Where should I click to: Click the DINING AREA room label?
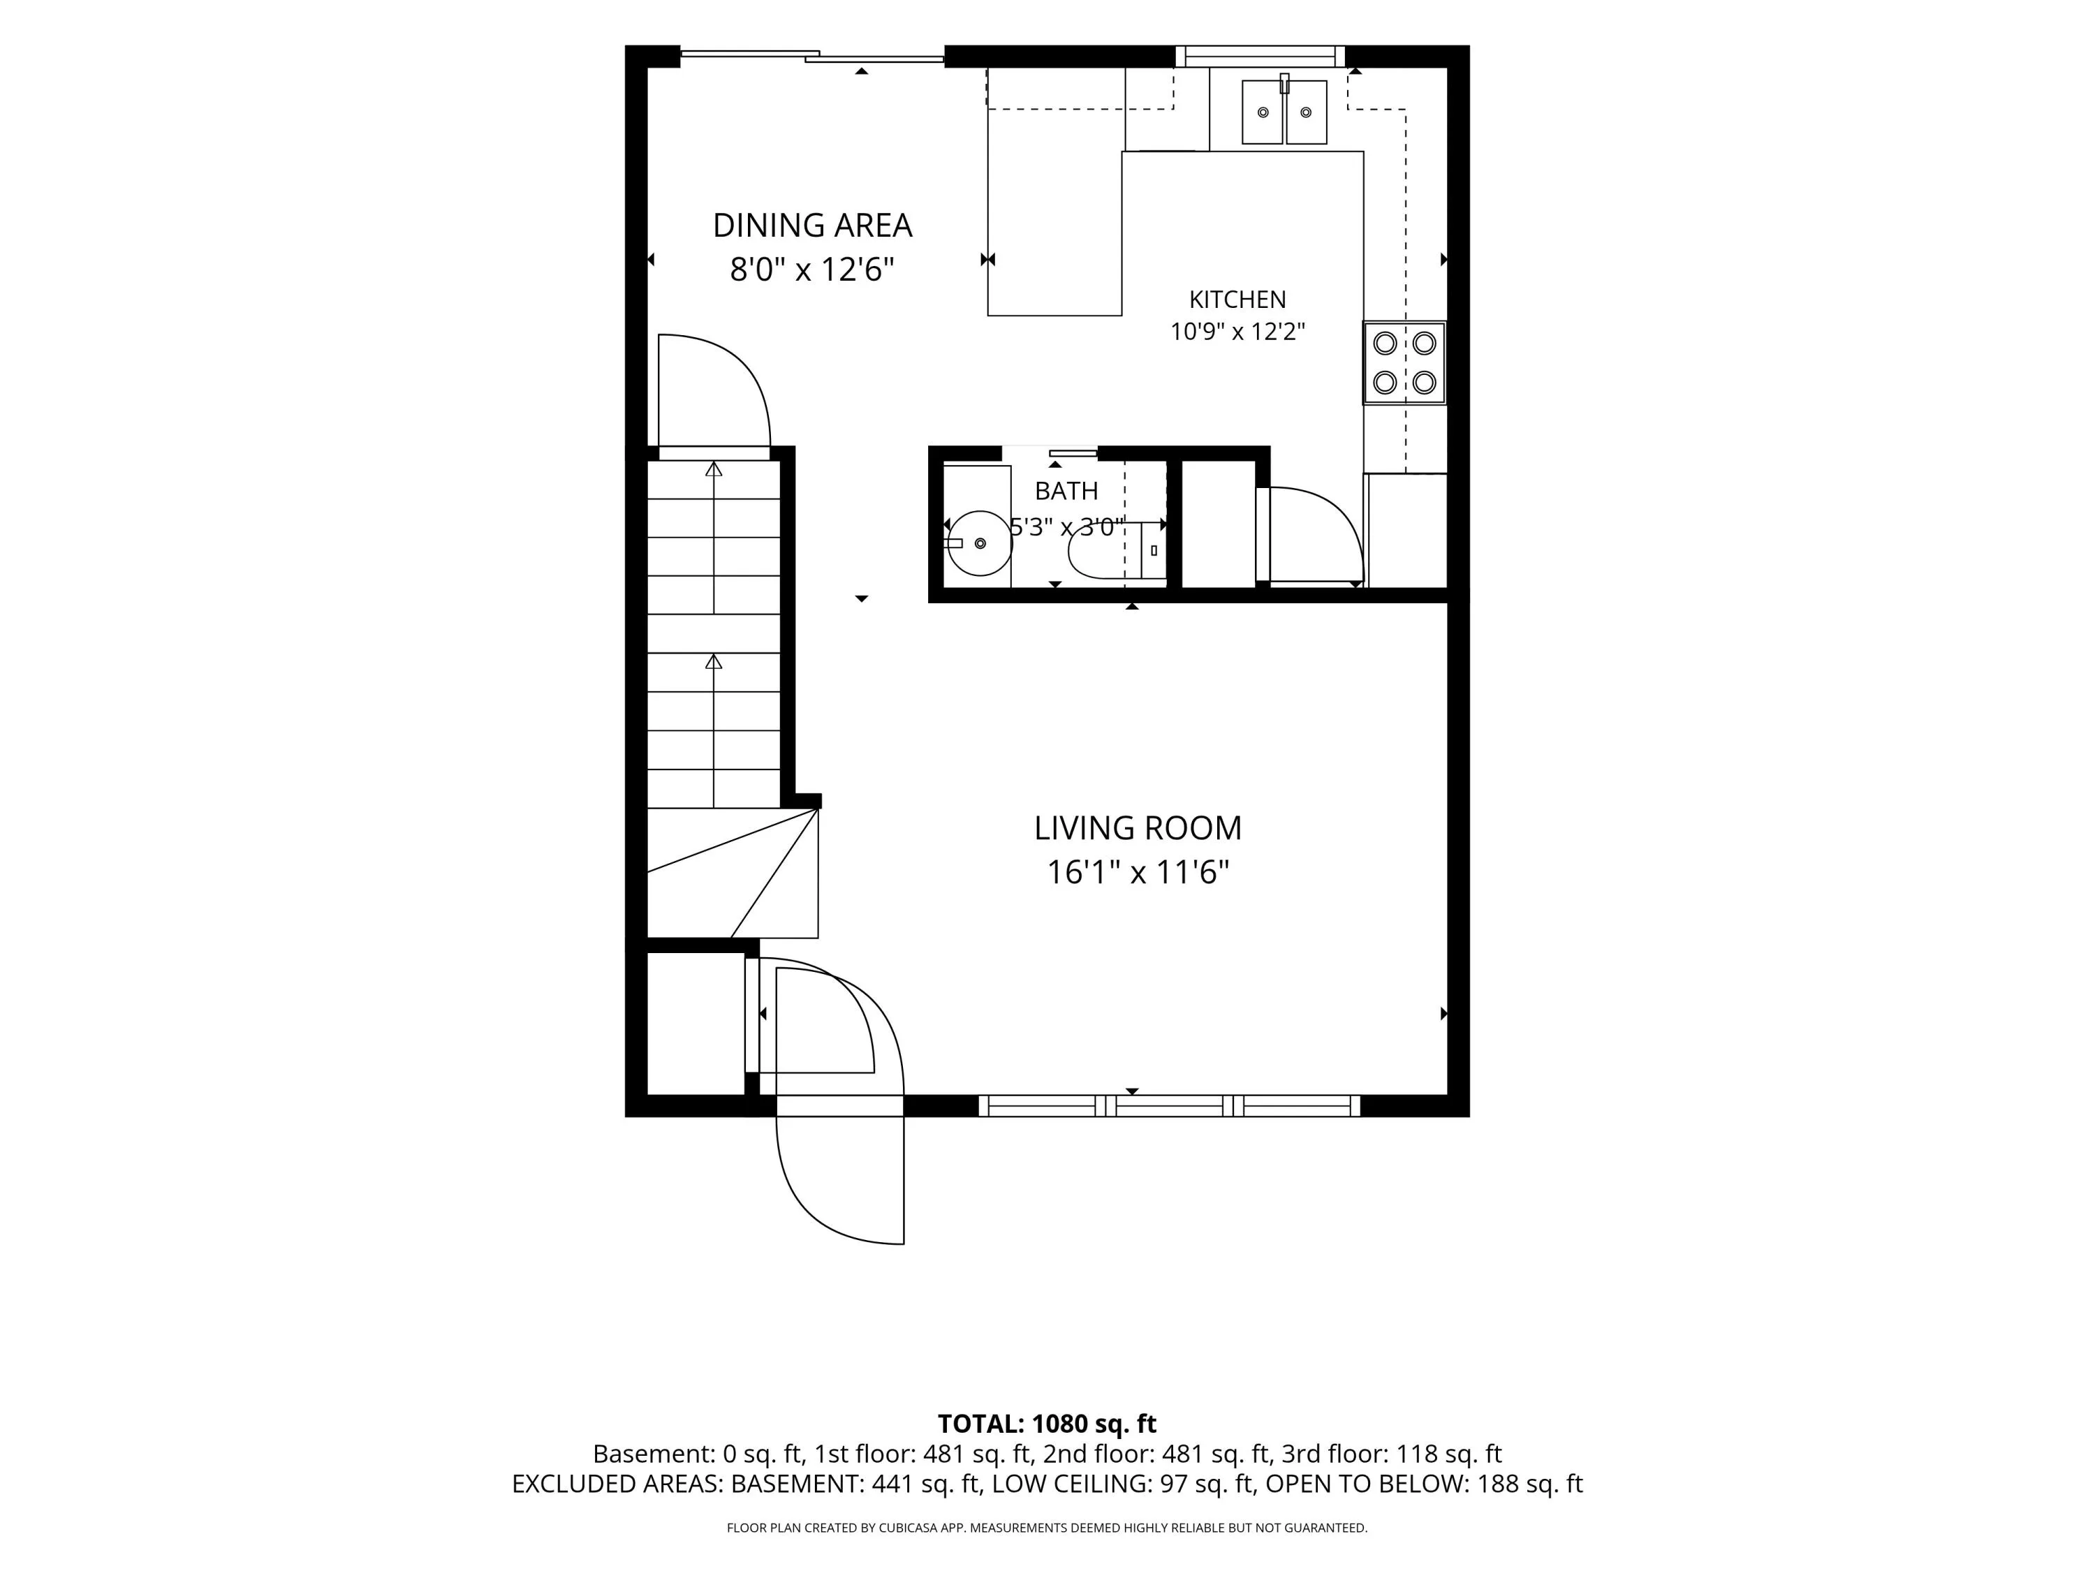click(811, 226)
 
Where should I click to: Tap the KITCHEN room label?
click(1237, 300)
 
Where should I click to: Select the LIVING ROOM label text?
click(1138, 827)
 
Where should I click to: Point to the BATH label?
click(1066, 491)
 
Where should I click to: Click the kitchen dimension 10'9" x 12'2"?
click(1237, 332)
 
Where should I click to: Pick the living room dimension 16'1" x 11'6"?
click(1138, 872)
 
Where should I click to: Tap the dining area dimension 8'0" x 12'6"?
click(811, 270)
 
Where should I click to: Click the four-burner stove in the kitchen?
click(1404, 362)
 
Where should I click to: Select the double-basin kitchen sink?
click(1284, 111)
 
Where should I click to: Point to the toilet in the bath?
click(1117, 550)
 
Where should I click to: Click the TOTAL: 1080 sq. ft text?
click(1047, 1423)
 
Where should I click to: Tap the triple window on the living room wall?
click(1169, 1105)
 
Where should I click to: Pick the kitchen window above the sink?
click(1260, 57)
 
